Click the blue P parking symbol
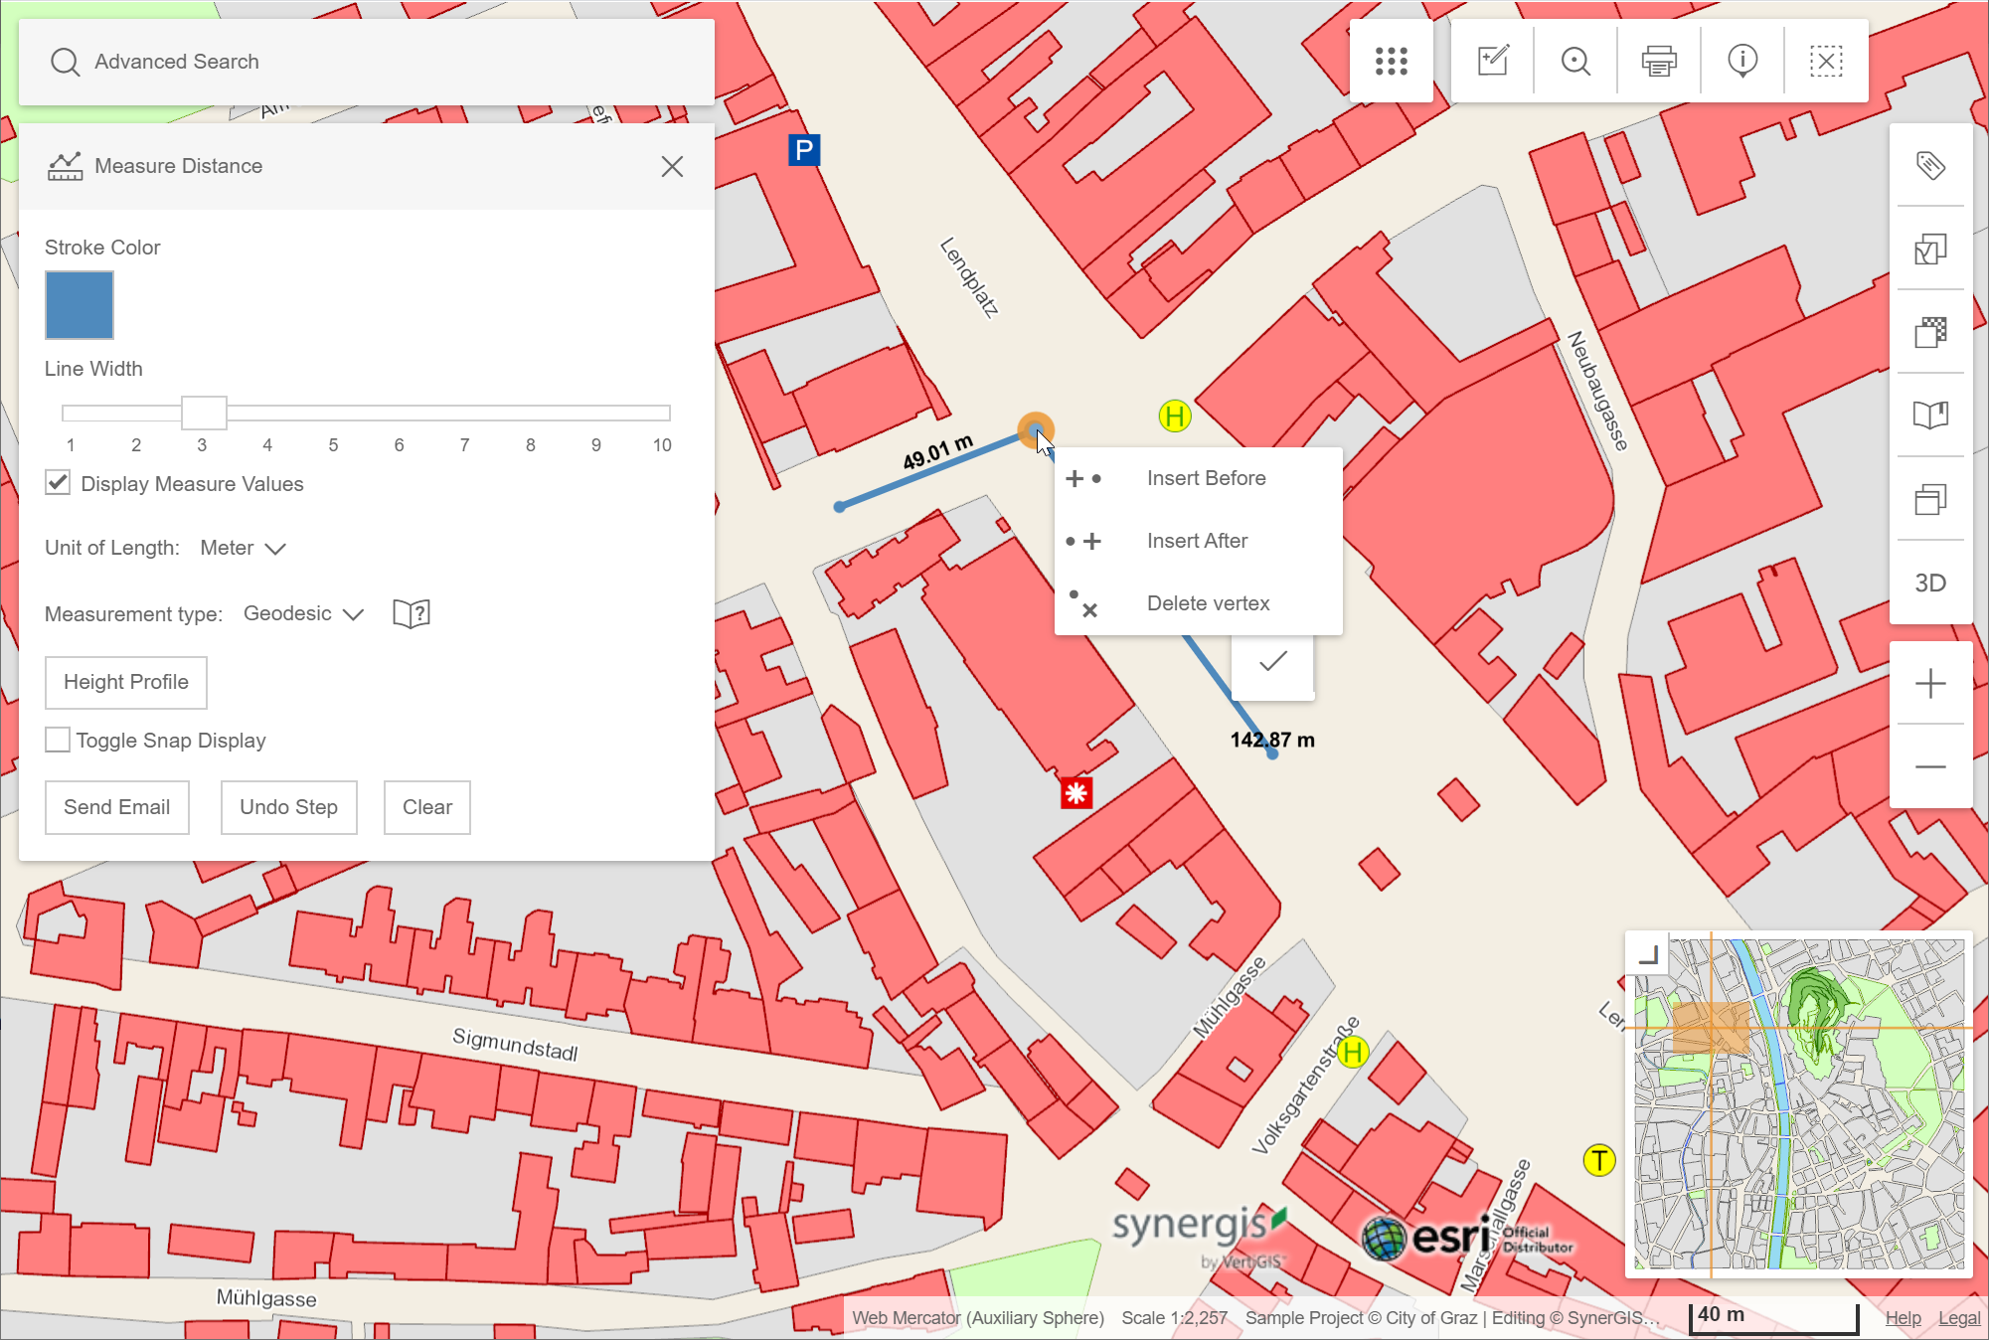click(x=803, y=150)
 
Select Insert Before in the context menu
click(x=1205, y=478)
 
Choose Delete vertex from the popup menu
click(x=1207, y=603)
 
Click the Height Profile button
click(x=126, y=682)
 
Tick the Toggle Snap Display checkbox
click(x=58, y=740)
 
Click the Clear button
click(x=426, y=807)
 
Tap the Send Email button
click(x=117, y=807)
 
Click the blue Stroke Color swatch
click(x=80, y=305)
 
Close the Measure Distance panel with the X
click(x=672, y=166)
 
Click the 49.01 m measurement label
click(x=936, y=452)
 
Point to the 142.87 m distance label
click(x=1271, y=740)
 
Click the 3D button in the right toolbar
click(x=1929, y=583)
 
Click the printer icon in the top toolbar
click(x=1658, y=61)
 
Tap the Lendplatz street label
click(x=969, y=277)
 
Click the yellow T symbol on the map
click(x=1598, y=1159)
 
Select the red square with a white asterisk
click(x=1076, y=792)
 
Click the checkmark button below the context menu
click(x=1272, y=662)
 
